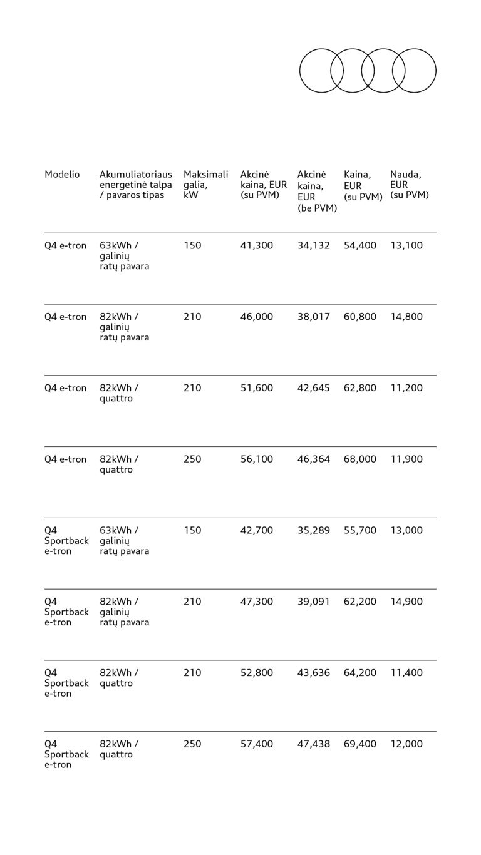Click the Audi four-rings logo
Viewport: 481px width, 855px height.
point(368,71)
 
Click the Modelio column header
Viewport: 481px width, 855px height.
point(62,175)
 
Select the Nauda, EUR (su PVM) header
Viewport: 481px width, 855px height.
point(409,185)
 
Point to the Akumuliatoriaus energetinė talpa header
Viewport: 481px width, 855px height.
point(135,185)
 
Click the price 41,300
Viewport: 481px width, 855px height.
point(257,246)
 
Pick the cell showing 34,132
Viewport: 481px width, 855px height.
point(313,246)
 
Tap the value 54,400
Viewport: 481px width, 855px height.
point(360,246)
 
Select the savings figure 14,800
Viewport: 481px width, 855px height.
point(406,317)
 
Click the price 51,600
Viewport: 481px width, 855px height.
point(257,388)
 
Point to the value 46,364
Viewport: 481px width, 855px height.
point(313,459)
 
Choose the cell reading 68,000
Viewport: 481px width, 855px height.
point(360,459)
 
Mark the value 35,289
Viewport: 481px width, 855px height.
point(313,531)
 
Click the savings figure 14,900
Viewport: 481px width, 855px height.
point(406,602)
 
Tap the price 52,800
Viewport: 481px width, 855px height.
point(257,673)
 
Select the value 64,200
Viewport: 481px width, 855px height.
point(360,673)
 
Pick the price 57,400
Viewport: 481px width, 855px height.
point(257,744)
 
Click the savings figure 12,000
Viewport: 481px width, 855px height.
point(406,744)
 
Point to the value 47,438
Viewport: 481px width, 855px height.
point(313,744)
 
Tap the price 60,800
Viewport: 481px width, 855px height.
point(360,317)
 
